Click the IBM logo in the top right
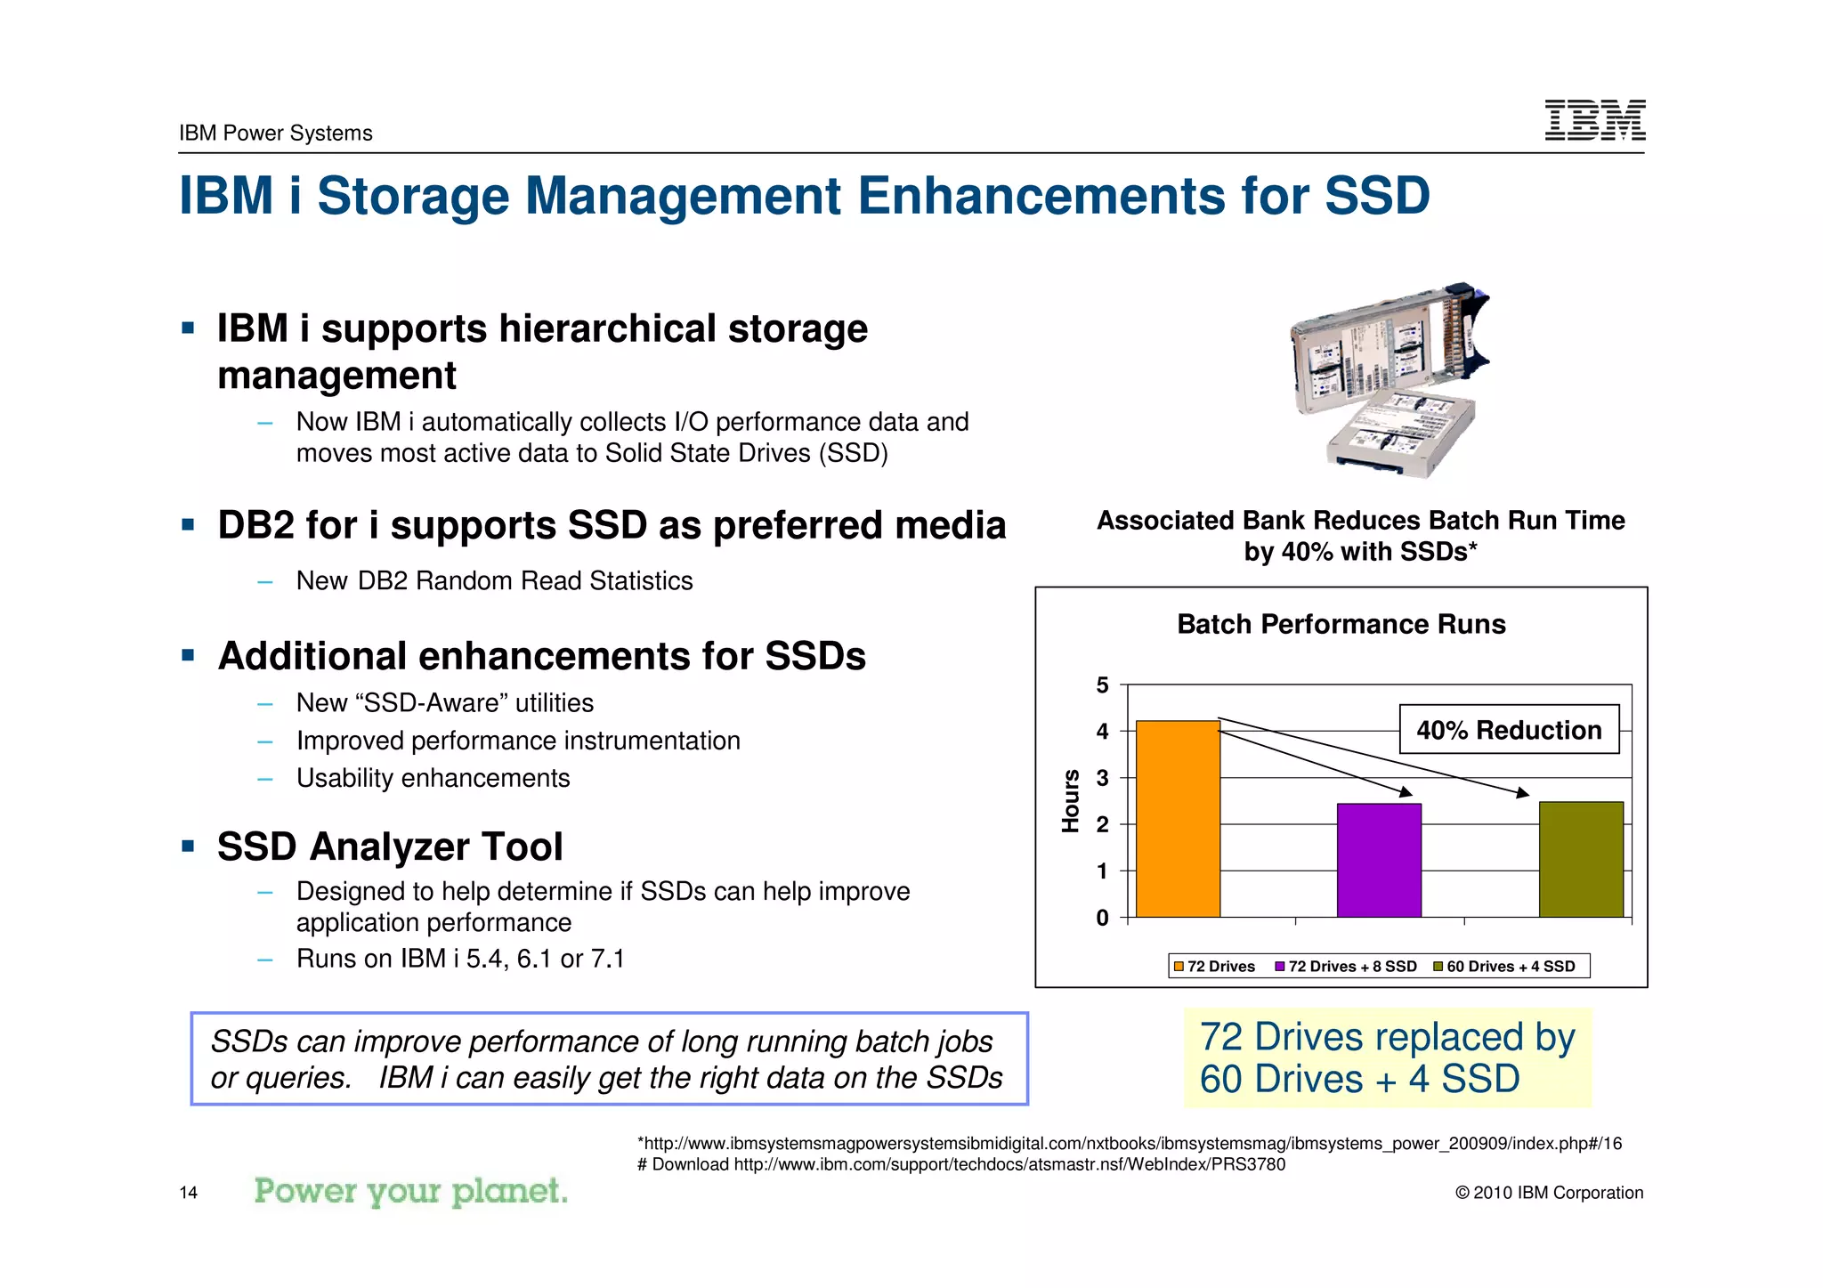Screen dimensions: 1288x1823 click(x=1594, y=119)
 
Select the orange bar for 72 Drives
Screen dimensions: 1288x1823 click(x=1178, y=819)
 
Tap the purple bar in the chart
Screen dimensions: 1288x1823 click(x=1379, y=860)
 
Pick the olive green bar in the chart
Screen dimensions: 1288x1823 click(x=1581, y=859)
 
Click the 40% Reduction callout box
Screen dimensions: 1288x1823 click(x=1509, y=730)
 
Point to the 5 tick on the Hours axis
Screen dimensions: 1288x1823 click(x=1102, y=685)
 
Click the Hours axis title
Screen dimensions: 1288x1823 click(x=1071, y=800)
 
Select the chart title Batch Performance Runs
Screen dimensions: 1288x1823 click(x=1341, y=624)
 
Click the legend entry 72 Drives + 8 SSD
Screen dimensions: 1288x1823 click(x=1346, y=967)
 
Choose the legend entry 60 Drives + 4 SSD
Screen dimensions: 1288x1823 click(x=1504, y=967)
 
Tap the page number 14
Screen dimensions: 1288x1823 click(x=188, y=1193)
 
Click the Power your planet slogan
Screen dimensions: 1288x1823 click(x=410, y=1191)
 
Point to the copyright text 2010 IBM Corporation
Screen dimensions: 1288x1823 click(x=1549, y=1193)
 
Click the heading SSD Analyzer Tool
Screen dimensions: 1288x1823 click(x=390, y=846)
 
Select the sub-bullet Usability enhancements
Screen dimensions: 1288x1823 click(x=433, y=778)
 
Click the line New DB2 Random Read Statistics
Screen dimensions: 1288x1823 click(x=494, y=580)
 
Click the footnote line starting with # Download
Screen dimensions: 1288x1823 click(x=961, y=1164)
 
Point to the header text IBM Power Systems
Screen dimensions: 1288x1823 click(x=275, y=133)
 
